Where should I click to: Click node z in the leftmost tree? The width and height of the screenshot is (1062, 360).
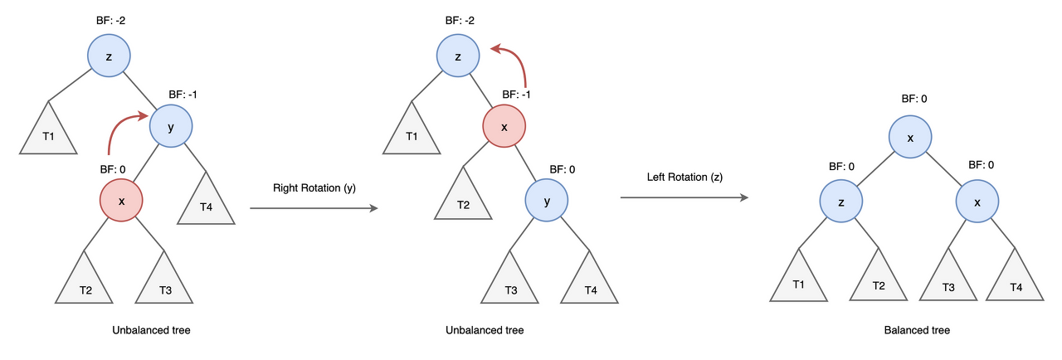tap(110, 56)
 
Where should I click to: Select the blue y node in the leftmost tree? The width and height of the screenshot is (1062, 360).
tap(171, 126)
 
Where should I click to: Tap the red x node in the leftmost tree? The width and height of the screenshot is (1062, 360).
tap(121, 201)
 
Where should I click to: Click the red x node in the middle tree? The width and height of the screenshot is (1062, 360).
tap(504, 126)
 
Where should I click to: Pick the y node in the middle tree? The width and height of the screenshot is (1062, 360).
tap(547, 202)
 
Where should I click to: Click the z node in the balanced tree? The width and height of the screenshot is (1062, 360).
tap(841, 202)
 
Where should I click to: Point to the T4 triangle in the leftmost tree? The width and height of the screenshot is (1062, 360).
tap(206, 201)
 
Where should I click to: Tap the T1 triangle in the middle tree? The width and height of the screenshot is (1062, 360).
tap(412, 133)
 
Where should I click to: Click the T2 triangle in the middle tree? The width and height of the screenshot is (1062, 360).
tap(464, 199)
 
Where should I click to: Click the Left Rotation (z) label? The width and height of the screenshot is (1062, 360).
tap(683, 178)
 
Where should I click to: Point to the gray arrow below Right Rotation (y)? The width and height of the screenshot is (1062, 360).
tap(313, 209)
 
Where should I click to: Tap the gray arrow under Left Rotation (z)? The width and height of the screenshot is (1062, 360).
tap(684, 197)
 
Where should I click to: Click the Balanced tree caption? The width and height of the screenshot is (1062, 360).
tap(917, 330)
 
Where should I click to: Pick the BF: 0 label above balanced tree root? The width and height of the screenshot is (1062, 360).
tap(914, 99)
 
